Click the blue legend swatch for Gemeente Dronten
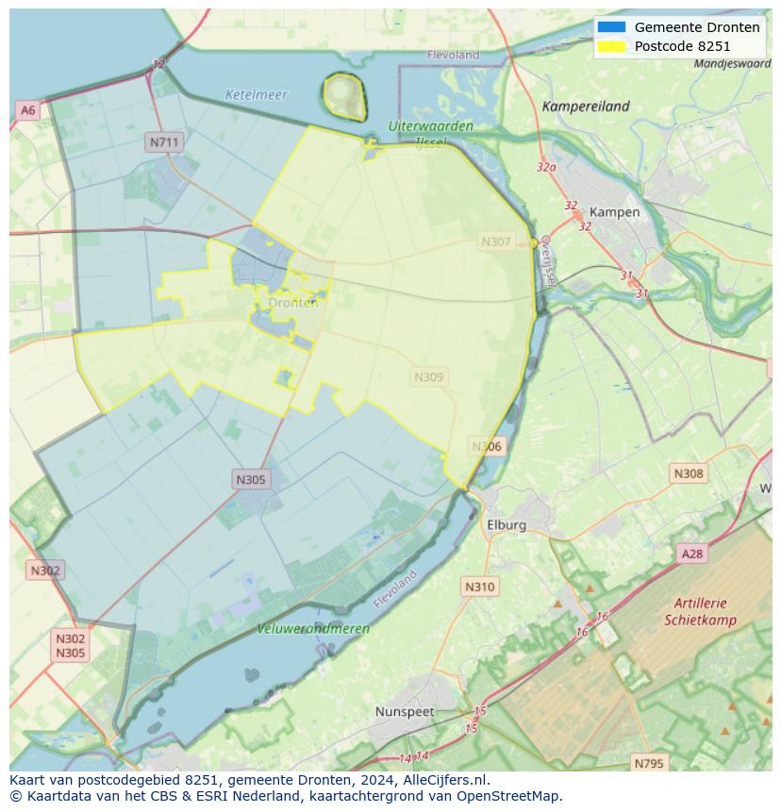pyautogui.click(x=611, y=27)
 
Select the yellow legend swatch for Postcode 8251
pyautogui.click(x=611, y=46)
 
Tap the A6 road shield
pyautogui.click(x=28, y=110)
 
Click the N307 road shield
pyautogui.click(x=496, y=242)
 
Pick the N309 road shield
pyautogui.click(x=429, y=377)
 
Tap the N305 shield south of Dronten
pyautogui.click(x=251, y=480)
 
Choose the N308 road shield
pyautogui.click(x=688, y=473)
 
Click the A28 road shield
pyautogui.click(x=692, y=554)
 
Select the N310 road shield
pyautogui.click(x=479, y=587)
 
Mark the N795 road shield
pyautogui.click(x=648, y=763)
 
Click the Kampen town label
pyautogui.click(x=614, y=212)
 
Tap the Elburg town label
pyautogui.click(x=507, y=524)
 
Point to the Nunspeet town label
pyautogui.click(x=406, y=711)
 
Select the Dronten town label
pyautogui.click(x=293, y=303)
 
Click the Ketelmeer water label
pyautogui.click(x=256, y=95)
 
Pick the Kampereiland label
pyautogui.click(x=586, y=107)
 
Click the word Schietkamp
pyautogui.click(x=700, y=621)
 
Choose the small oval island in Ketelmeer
pyautogui.click(x=344, y=95)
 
